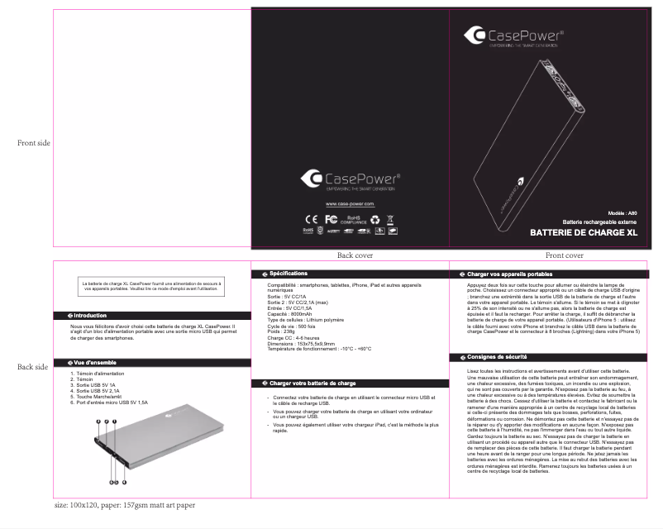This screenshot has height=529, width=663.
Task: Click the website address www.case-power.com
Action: click(x=350, y=203)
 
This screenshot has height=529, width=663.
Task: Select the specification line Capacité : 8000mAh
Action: click(x=289, y=314)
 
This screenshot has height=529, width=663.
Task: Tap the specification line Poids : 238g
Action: click(x=281, y=332)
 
